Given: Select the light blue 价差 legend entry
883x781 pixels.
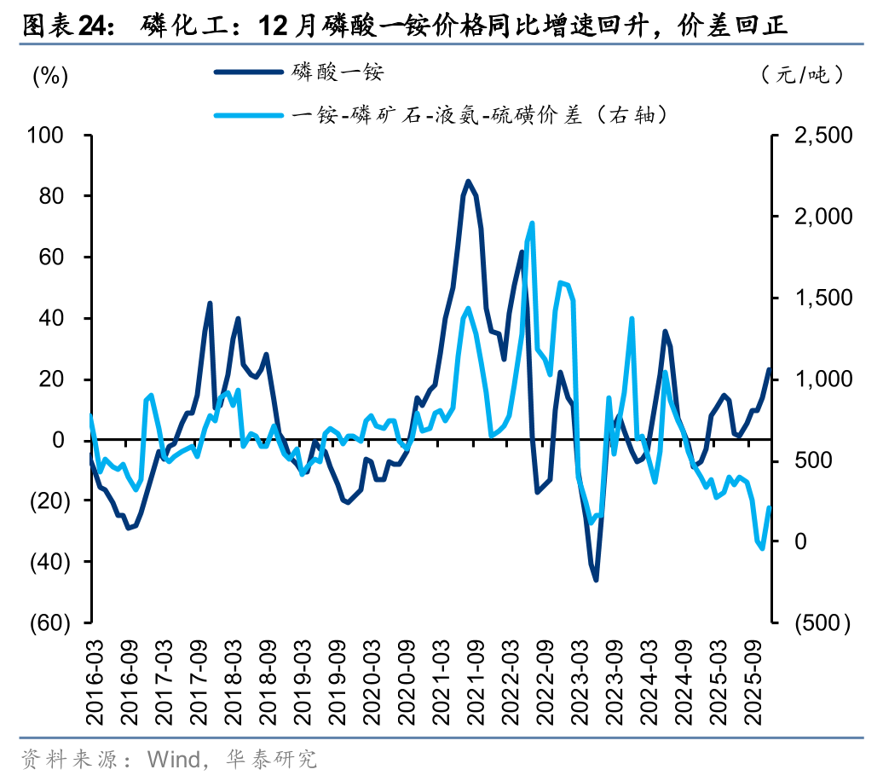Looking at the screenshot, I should [x=477, y=113].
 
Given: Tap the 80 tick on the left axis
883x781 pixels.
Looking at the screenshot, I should [x=52, y=196].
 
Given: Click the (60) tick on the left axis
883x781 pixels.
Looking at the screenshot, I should [x=48, y=623].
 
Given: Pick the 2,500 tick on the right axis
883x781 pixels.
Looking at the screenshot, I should [x=822, y=135].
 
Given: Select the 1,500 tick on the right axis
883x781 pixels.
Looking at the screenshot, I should [x=822, y=298].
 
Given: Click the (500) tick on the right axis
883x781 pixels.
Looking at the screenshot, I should [x=822, y=623].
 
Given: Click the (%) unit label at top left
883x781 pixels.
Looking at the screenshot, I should [x=49, y=75].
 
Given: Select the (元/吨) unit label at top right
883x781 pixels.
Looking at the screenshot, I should [x=804, y=75].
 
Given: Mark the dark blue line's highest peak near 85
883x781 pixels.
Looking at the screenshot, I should [x=468, y=181].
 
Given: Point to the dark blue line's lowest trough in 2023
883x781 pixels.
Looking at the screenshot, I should [x=596, y=581].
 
